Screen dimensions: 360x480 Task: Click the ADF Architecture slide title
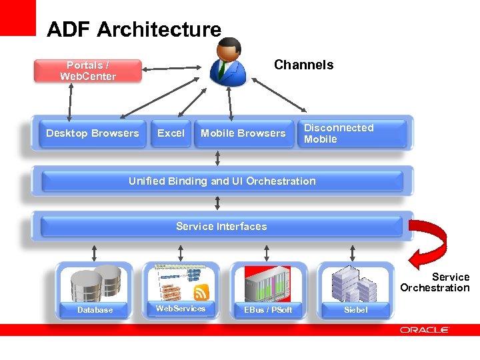click(x=133, y=30)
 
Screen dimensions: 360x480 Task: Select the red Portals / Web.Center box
click(x=88, y=71)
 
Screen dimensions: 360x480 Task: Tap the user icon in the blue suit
click(x=229, y=61)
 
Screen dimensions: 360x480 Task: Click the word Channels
click(x=303, y=65)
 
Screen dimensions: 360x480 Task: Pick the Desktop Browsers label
click(x=93, y=133)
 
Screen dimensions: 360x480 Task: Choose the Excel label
click(x=171, y=133)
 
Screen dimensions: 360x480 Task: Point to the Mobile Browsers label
click(x=243, y=133)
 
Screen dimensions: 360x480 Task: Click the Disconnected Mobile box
click(x=352, y=133)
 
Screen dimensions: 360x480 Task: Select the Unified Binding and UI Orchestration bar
click(x=222, y=181)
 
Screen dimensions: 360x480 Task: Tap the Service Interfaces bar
click(x=221, y=227)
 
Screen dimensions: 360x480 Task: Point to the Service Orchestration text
click(x=435, y=283)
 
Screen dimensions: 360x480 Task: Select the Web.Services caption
click(x=181, y=309)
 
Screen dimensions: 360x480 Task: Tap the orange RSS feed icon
click(x=201, y=291)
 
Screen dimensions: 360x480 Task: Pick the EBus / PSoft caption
click(x=268, y=310)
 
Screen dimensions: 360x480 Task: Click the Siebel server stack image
click(x=354, y=283)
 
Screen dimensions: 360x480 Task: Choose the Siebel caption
click(x=355, y=310)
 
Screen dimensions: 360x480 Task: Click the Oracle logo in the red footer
click(x=425, y=330)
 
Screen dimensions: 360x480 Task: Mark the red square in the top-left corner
click(x=17, y=17)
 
